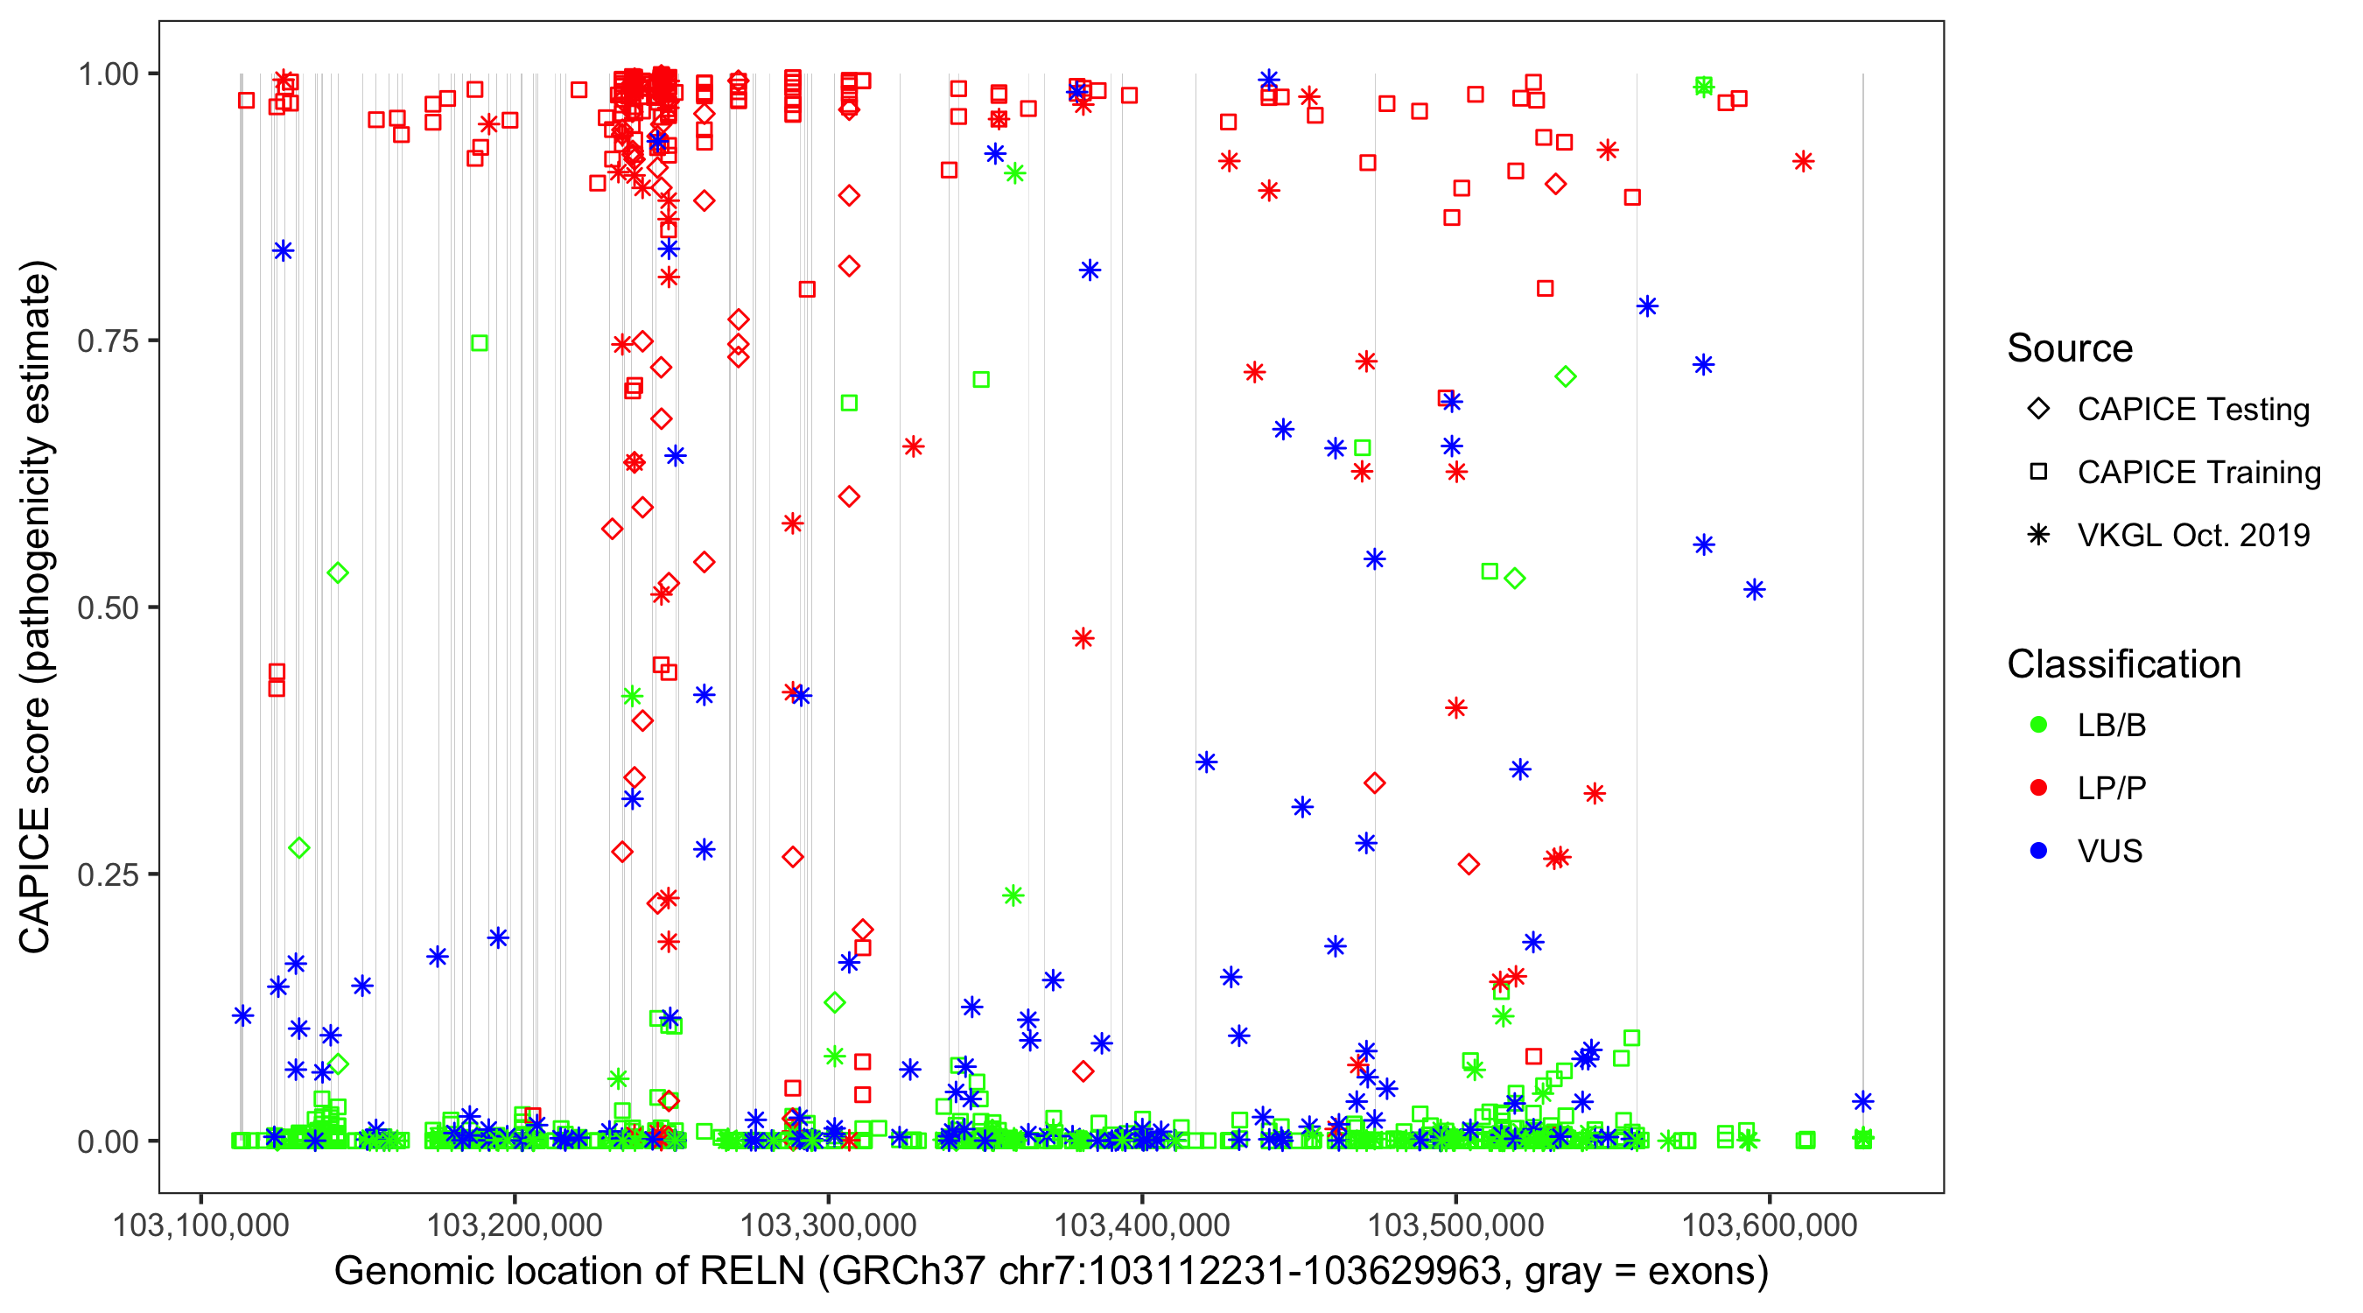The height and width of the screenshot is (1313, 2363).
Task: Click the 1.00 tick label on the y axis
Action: tap(108, 74)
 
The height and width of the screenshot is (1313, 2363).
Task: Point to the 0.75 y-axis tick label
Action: tap(108, 341)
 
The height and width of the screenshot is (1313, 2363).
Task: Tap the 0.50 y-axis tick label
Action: tap(108, 608)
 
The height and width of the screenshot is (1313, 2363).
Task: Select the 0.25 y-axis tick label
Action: tap(108, 875)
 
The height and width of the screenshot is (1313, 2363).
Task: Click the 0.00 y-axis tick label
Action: tap(108, 1142)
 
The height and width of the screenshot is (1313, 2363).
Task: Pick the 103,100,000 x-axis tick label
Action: tap(201, 1225)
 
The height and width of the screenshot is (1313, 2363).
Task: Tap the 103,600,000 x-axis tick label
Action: tap(1770, 1225)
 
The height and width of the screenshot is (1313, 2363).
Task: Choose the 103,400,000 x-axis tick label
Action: tap(1142, 1225)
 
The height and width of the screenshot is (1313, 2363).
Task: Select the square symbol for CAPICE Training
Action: tap(2039, 473)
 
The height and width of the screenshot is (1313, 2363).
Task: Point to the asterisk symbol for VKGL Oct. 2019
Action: tap(2039, 535)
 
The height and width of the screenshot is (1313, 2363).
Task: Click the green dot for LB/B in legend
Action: tap(2039, 726)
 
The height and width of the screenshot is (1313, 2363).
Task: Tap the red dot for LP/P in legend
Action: tap(2039, 788)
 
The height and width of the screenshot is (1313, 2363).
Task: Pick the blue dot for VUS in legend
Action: tap(2039, 852)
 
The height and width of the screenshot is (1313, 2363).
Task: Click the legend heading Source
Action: tap(2070, 348)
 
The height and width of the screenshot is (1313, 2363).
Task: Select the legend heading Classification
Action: tap(2123, 665)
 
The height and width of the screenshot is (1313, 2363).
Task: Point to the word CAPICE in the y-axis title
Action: tap(35, 880)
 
